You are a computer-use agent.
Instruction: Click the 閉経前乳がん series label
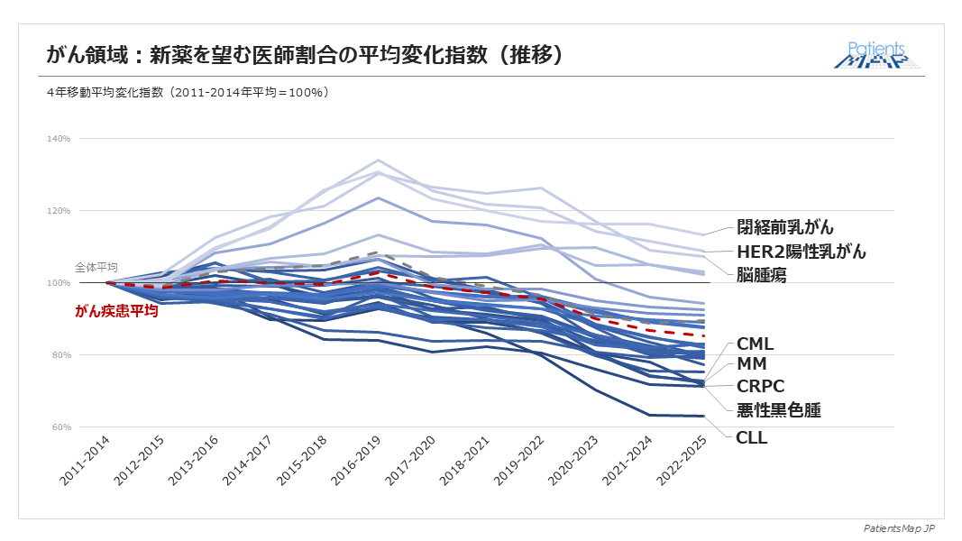point(785,227)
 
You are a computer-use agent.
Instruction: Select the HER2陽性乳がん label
point(801,252)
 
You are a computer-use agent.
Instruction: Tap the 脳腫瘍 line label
point(761,275)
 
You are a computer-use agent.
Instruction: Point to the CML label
point(755,344)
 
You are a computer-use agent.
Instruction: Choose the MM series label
point(751,365)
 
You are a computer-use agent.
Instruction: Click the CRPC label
point(759,387)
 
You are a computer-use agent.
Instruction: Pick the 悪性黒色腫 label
point(778,410)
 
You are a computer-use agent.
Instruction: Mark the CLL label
point(751,438)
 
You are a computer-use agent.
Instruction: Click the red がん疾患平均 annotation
point(116,312)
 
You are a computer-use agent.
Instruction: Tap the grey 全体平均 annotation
point(96,268)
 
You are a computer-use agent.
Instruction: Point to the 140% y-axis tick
point(60,139)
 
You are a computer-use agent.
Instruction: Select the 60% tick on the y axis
point(61,427)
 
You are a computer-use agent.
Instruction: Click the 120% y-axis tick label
point(60,211)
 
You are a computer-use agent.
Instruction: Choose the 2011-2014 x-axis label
point(87,462)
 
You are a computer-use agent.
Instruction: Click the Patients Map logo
point(877,56)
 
